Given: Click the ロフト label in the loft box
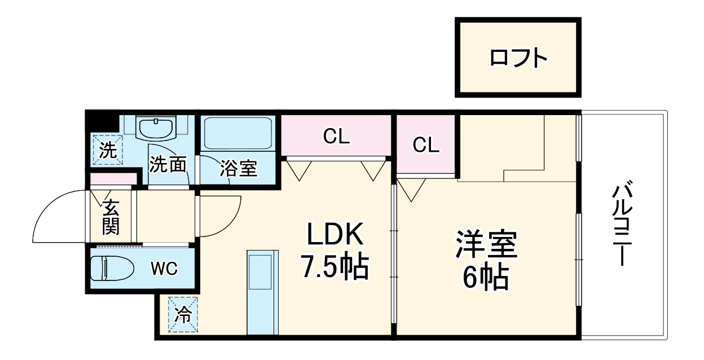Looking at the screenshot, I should [518, 58].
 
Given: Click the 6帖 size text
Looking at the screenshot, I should [486, 277].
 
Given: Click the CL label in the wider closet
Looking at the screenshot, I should [336, 136].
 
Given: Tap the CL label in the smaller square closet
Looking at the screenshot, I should [425, 145].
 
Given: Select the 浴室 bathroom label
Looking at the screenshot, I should [238, 168].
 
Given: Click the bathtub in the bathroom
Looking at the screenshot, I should [237, 133].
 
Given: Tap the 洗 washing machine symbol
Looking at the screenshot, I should [107, 150].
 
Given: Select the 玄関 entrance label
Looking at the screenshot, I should [111, 217].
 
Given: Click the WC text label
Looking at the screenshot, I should [164, 269].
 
